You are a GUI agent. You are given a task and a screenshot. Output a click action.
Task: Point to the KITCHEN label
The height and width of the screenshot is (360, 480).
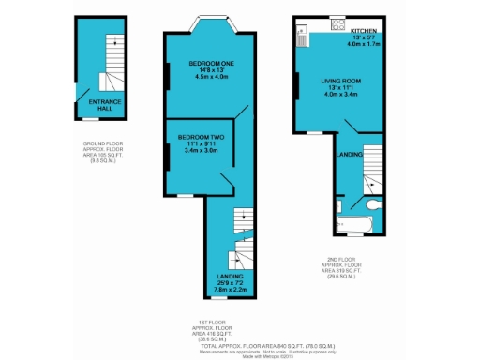[x=364, y=30]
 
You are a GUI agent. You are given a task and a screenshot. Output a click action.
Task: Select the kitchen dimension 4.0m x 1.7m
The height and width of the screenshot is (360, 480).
[x=364, y=43]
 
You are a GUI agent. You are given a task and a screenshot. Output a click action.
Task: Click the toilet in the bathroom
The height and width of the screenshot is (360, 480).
[x=373, y=203]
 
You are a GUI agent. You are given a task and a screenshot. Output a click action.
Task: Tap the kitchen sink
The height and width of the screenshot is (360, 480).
[x=302, y=38]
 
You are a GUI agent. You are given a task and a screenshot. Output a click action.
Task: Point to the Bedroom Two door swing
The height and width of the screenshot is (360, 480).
[x=226, y=179]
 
